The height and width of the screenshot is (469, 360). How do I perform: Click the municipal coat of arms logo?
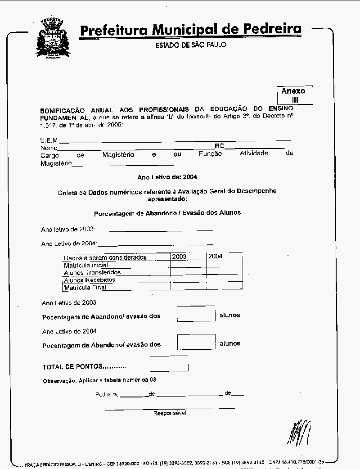coord(53,40)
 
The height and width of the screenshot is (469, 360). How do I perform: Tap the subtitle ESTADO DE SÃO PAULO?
coord(190,45)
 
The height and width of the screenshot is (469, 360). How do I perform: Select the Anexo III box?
coord(294,95)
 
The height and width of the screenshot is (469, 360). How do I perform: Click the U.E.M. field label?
coord(49,140)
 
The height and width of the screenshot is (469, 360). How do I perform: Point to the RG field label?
coord(219,146)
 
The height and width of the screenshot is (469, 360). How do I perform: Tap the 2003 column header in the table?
coord(179,256)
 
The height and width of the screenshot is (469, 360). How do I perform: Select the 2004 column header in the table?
coord(215,256)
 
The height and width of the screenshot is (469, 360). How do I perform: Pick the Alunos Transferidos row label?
coord(92,272)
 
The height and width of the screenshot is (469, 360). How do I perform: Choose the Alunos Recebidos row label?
coord(90,280)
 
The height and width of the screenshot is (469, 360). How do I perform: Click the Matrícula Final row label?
coord(85,287)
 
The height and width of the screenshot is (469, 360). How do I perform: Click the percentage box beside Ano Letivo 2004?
coord(196,342)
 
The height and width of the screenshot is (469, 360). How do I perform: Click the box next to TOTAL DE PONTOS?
coord(169,363)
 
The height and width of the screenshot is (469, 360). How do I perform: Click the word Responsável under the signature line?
coord(170,413)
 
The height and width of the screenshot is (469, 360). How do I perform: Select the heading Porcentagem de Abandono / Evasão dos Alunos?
coord(167,212)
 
